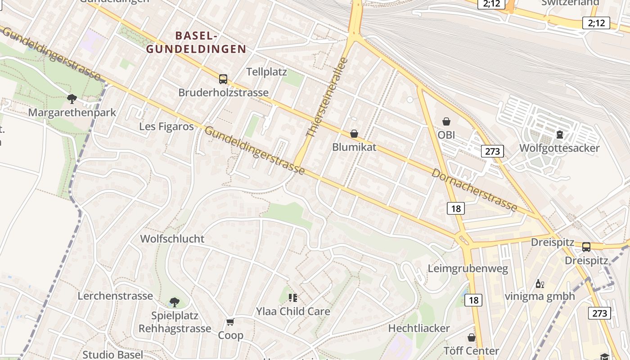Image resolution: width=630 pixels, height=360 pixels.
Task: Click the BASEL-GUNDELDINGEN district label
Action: click(x=197, y=42)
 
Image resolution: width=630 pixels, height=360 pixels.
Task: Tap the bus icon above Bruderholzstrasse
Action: click(x=223, y=79)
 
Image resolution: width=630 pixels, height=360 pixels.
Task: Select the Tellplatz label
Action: click(x=266, y=72)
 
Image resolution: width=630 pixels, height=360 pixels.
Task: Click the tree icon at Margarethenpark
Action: click(x=72, y=99)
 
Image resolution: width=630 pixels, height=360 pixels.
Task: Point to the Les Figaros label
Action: click(x=166, y=126)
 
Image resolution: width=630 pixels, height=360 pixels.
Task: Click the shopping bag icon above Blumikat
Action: click(x=354, y=134)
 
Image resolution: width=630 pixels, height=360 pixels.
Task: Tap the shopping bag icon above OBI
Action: click(x=446, y=121)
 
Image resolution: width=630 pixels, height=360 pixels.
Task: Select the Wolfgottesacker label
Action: click(x=559, y=148)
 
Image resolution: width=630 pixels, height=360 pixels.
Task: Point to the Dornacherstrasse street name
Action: click(x=474, y=189)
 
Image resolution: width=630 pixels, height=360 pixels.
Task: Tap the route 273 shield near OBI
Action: click(x=492, y=151)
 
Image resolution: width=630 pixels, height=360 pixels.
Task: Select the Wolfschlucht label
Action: click(x=172, y=239)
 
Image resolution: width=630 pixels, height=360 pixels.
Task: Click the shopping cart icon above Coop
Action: click(x=230, y=322)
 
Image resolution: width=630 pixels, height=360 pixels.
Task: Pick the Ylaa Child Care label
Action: click(x=293, y=311)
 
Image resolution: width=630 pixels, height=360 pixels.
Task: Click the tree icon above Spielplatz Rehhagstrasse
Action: click(x=175, y=302)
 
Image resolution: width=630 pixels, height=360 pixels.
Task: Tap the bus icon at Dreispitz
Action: click(x=586, y=247)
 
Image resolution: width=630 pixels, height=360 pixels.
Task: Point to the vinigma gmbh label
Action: click(x=540, y=296)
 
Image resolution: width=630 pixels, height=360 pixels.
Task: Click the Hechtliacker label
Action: click(x=419, y=328)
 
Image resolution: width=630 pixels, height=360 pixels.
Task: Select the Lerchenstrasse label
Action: click(x=115, y=296)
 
